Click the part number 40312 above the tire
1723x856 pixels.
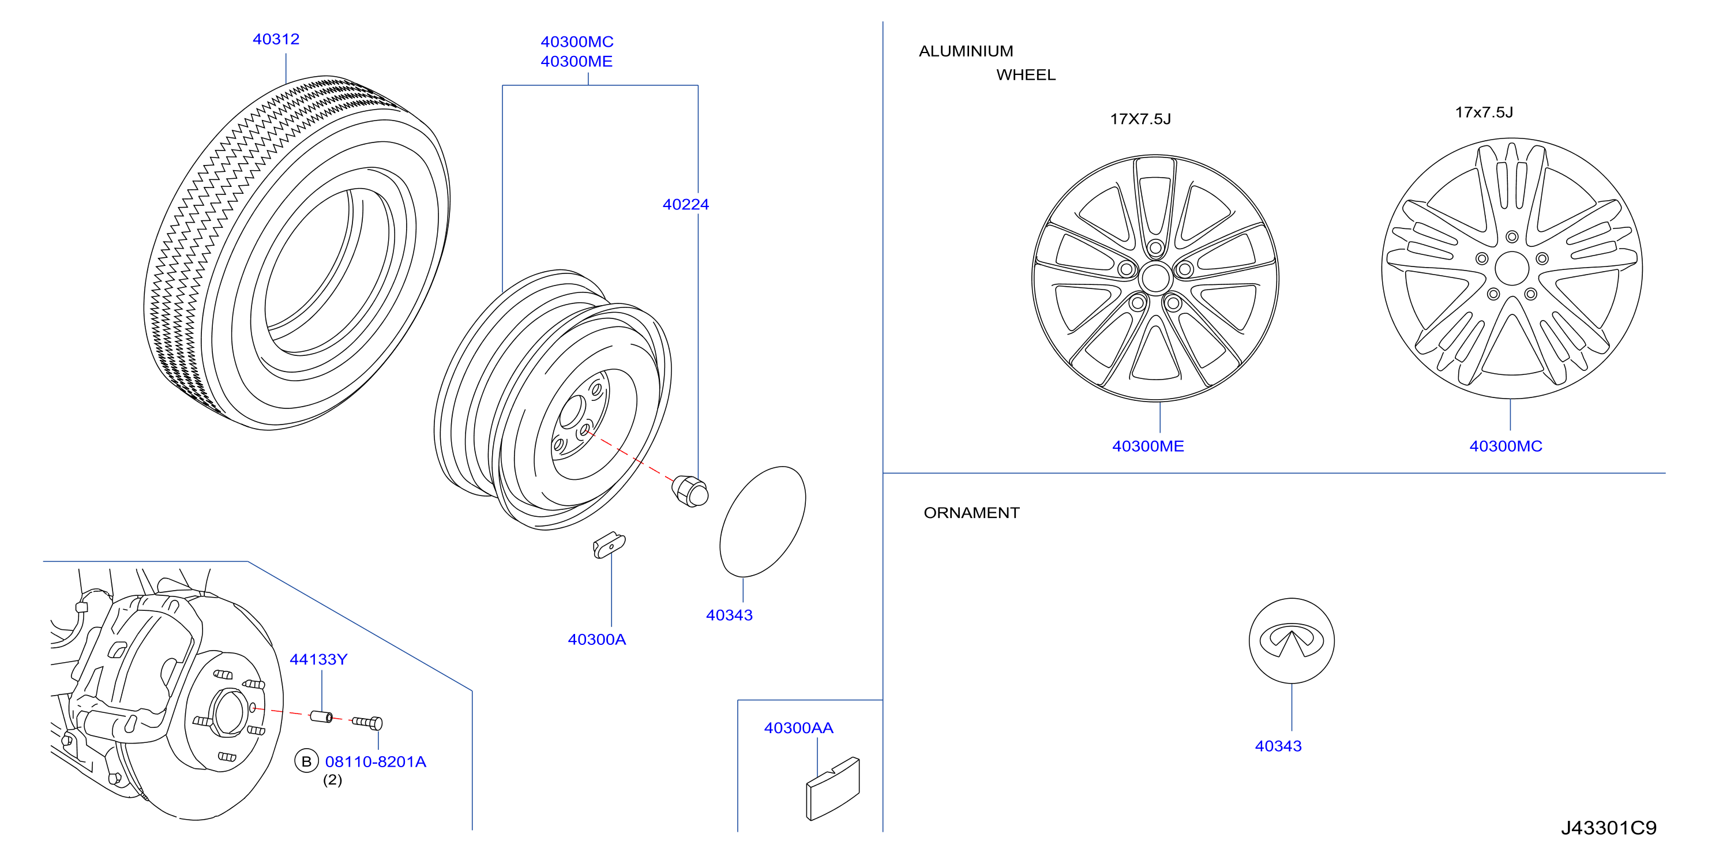point(276,39)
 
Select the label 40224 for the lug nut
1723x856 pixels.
point(686,205)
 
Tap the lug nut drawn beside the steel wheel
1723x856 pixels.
point(689,491)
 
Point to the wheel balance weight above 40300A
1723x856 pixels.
point(609,545)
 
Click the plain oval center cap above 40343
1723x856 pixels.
point(763,521)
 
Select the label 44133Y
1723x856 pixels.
point(318,659)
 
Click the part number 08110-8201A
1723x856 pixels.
point(376,762)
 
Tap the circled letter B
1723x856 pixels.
point(306,762)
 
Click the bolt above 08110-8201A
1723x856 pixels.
point(367,722)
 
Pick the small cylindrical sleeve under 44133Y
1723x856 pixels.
point(321,716)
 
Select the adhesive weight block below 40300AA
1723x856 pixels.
point(833,789)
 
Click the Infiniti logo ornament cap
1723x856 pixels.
point(1292,641)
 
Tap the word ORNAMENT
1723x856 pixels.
point(971,513)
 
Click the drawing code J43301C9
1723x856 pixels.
point(1609,828)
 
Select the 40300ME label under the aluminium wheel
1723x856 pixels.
point(1148,446)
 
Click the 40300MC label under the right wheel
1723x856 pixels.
point(1506,446)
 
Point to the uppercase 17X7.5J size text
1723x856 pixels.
point(1140,119)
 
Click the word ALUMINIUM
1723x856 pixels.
point(966,51)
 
